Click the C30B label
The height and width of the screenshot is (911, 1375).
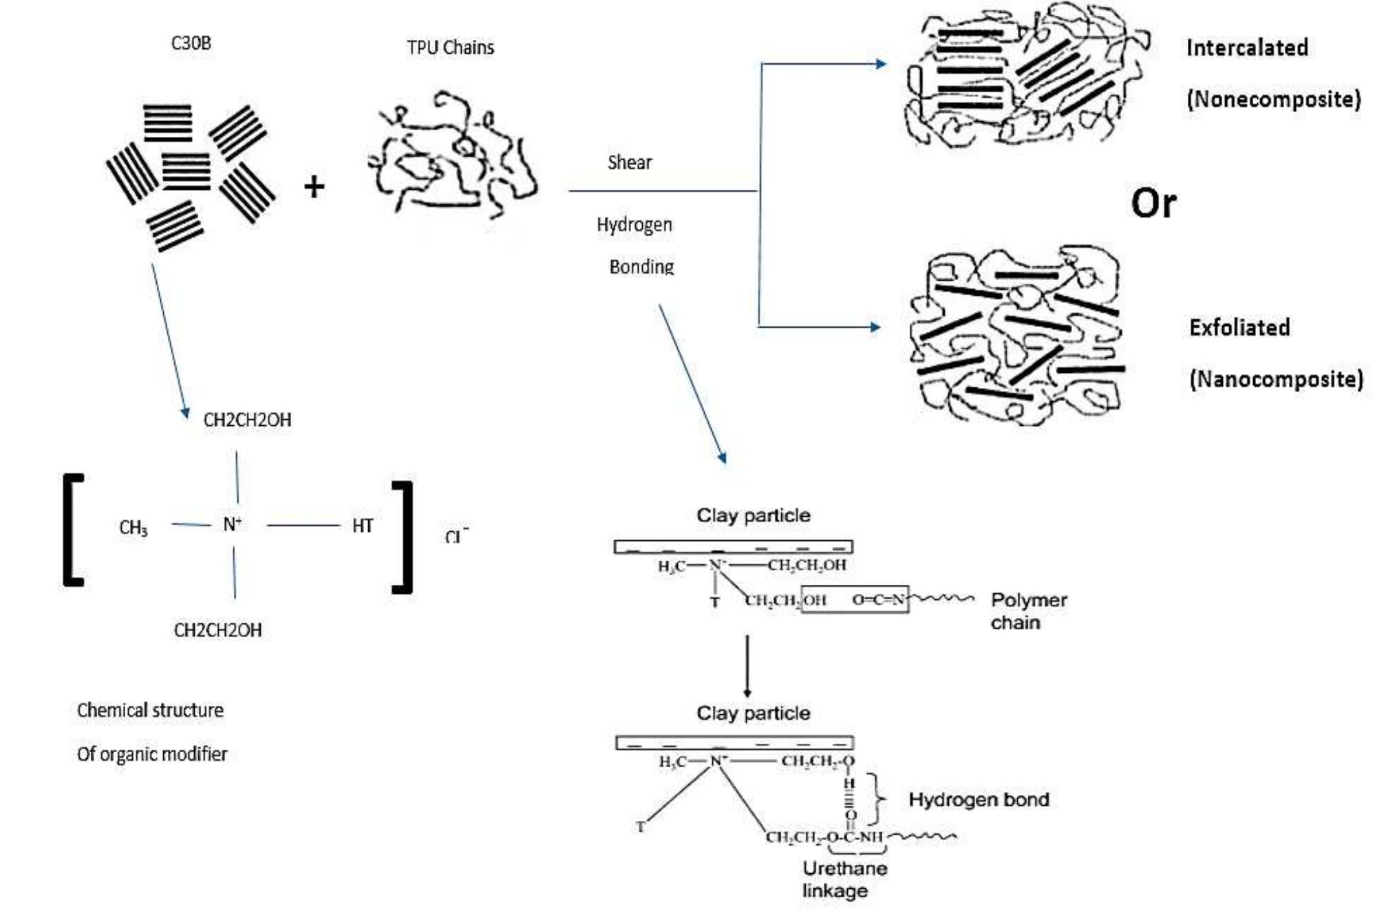(x=191, y=43)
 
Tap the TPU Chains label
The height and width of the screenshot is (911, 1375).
(x=450, y=47)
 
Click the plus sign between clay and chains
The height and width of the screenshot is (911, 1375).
(x=314, y=186)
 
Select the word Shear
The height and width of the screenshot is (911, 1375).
(x=629, y=162)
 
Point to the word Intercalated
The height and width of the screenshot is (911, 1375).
(x=1247, y=47)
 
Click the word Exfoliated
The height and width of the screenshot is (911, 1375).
(x=1239, y=328)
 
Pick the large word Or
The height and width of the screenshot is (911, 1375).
(x=1153, y=204)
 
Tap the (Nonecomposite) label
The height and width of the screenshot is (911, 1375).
(x=1273, y=99)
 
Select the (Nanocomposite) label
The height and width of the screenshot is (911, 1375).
(x=1276, y=379)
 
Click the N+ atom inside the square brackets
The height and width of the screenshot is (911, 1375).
(x=232, y=525)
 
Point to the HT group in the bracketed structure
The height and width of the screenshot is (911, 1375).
(x=362, y=526)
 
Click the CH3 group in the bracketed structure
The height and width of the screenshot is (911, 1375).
(x=133, y=528)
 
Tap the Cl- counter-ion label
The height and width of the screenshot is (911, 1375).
(x=456, y=535)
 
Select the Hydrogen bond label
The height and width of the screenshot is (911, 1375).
(x=978, y=800)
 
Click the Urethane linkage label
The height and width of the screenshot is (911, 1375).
(x=844, y=879)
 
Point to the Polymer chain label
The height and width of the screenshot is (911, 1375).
(x=1028, y=611)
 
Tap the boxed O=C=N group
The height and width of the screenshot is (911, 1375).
(x=877, y=600)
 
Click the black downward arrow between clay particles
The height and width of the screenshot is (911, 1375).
(x=747, y=665)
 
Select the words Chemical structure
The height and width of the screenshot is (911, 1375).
(x=150, y=710)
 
